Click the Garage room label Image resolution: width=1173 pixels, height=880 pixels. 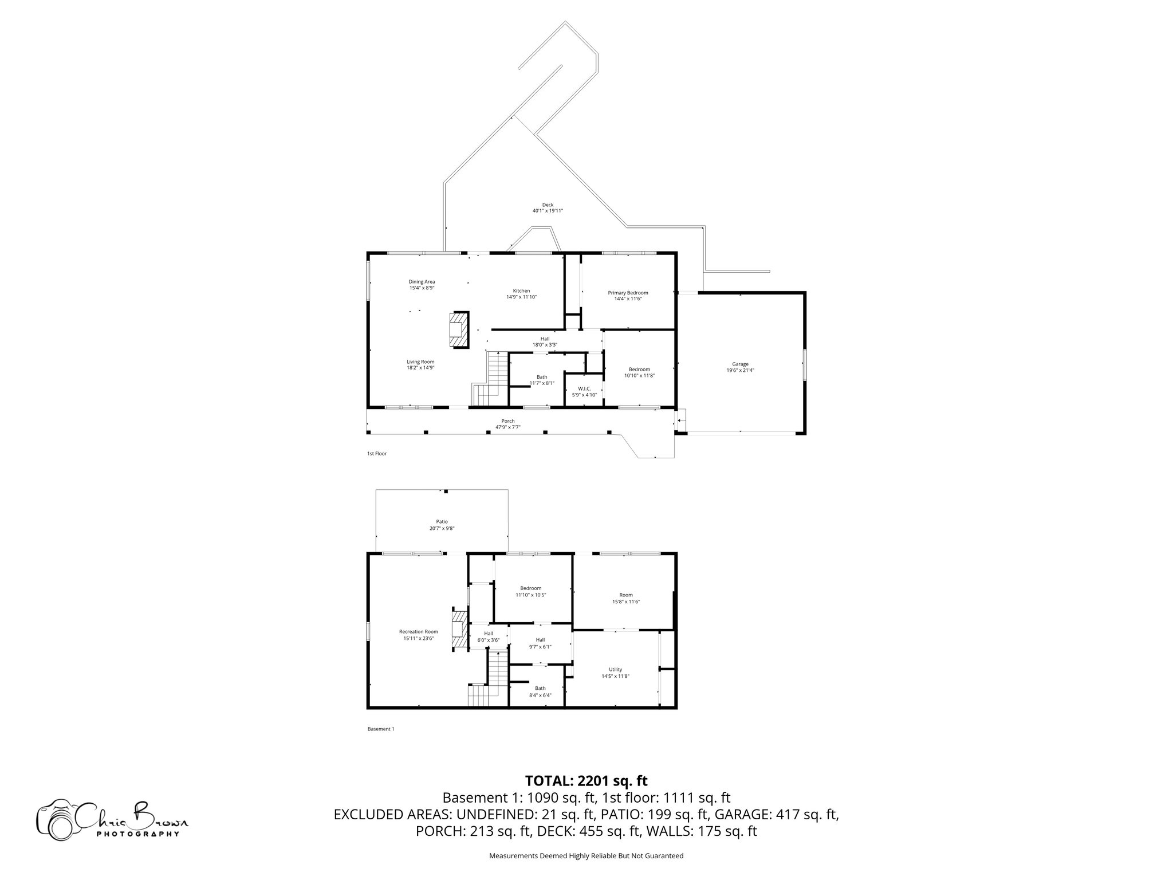click(x=740, y=364)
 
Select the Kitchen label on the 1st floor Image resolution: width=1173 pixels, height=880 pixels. click(x=521, y=291)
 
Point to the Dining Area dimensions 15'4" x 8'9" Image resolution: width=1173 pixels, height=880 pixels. click(x=422, y=288)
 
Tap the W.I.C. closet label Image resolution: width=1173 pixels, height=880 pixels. click(x=584, y=388)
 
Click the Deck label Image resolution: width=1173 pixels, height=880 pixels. click(x=548, y=205)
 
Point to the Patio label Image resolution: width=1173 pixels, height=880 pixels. click(x=442, y=521)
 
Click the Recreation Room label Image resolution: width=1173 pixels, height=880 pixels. click(x=418, y=631)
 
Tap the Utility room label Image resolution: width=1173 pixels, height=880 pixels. click(x=615, y=669)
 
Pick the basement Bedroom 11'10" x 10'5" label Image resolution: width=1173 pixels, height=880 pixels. click(x=530, y=588)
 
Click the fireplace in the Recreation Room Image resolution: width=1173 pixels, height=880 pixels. click(x=458, y=630)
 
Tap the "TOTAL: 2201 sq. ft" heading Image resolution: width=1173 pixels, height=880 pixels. click(x=586, y=780)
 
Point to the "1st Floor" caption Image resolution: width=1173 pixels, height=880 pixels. click(x=377, y=453)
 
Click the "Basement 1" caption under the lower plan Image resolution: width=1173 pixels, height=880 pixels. click(x=380, y=729)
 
